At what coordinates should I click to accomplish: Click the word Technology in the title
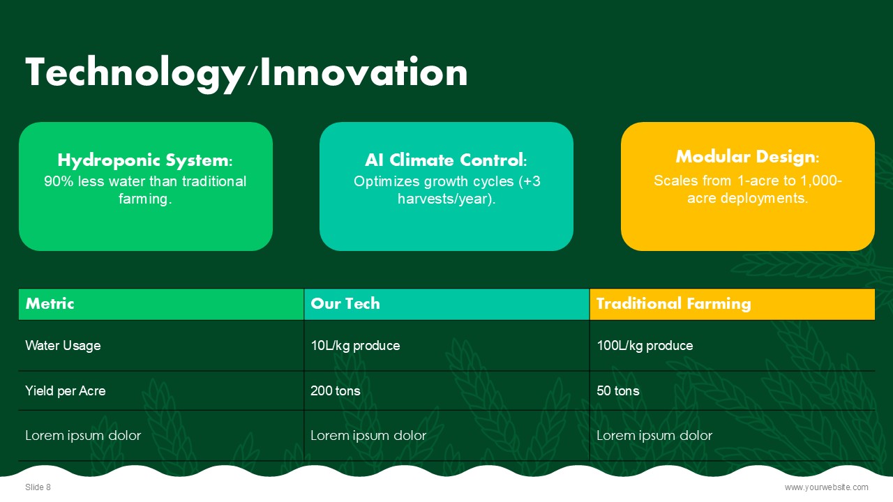(135, 74)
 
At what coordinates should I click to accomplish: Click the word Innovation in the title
(363, 72)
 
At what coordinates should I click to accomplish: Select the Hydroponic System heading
(145, 160)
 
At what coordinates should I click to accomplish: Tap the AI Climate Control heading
(446, 160)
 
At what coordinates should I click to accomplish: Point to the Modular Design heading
(747, 157)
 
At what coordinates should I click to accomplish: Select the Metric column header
(50, 303)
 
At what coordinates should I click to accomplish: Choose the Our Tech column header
(345, 303)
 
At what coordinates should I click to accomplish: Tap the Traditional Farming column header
(674, 303)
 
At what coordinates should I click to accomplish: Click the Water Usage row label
(63, 345)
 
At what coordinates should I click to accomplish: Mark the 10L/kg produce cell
(355, 345)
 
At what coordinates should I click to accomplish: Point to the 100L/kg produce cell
(645, 345)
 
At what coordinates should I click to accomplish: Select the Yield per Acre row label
(66, 391)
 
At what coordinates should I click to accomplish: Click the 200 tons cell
(336, 391)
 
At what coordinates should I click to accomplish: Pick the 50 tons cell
(618, 391)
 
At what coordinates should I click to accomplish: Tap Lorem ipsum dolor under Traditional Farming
(654, 436)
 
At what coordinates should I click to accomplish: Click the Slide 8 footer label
(38, 487)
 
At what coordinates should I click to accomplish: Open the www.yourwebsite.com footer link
(827, 487)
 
